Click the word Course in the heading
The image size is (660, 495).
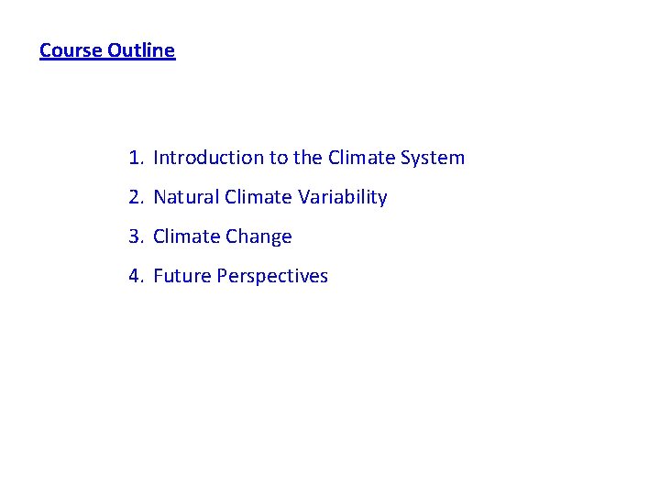(71, 50)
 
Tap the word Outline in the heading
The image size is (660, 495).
(141, 50)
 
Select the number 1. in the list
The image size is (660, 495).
(137, 158)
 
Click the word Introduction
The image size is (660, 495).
(208, 158)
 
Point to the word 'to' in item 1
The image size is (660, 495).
(278, 158)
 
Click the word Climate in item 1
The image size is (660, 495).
(361, 158)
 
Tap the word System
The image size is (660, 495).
(433, 158)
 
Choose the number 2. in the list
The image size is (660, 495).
(137, 197)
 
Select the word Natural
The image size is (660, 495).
(186, 197)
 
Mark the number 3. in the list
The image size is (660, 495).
(137, 236)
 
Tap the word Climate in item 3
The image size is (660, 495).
(186, 236)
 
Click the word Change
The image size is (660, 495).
(258, 236)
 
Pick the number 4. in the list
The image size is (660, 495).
(137, 276)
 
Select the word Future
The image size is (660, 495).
(181, 276)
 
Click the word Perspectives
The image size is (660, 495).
(272, 276)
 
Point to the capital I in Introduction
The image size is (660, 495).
(156, 158)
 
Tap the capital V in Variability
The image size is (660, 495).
(302, 197)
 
